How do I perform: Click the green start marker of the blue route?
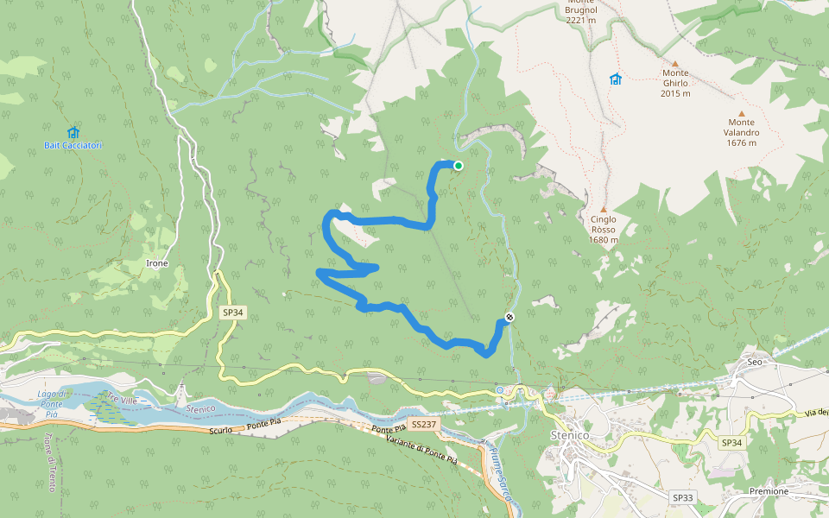(459, 166)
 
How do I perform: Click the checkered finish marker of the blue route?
(509, 317)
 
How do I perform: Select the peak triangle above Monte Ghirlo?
(675, 63)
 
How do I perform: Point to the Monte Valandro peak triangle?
(741, 112)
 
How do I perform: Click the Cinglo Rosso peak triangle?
(604, 209)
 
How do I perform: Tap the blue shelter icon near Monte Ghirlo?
(615, 79)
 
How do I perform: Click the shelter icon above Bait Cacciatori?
(73, 132)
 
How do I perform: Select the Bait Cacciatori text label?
(73, 145)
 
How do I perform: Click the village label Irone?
(157, 262)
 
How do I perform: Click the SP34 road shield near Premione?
(731, 442)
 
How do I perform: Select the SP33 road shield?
(682, 498)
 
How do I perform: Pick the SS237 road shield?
(424, 425)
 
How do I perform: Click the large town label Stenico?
(569, 435)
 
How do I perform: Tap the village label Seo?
(754, 362)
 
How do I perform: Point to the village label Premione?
(769, 491)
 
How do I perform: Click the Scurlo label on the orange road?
(223, 429)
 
